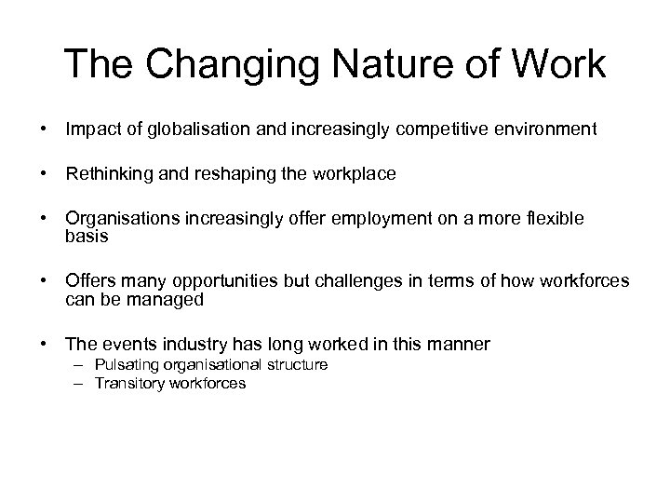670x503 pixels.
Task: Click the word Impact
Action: click(x=89, y=129)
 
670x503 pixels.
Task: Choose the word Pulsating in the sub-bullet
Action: click(x=122, y=365)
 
